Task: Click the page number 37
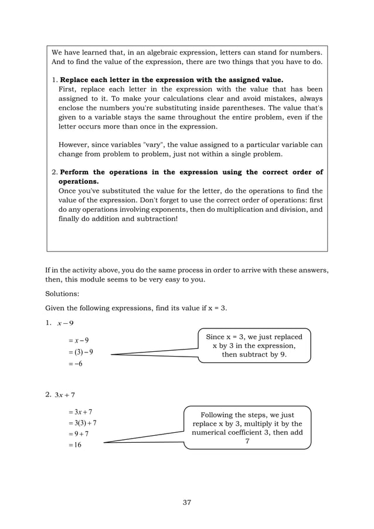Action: click(186, 502)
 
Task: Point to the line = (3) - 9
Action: click(81, 352)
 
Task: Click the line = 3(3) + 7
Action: click(83, 423)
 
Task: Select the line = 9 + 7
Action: click(79, 434)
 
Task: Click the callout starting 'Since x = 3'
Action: click(254, 346)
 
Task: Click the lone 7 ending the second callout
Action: click(247, 441)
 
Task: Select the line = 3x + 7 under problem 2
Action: click(79, 412)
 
